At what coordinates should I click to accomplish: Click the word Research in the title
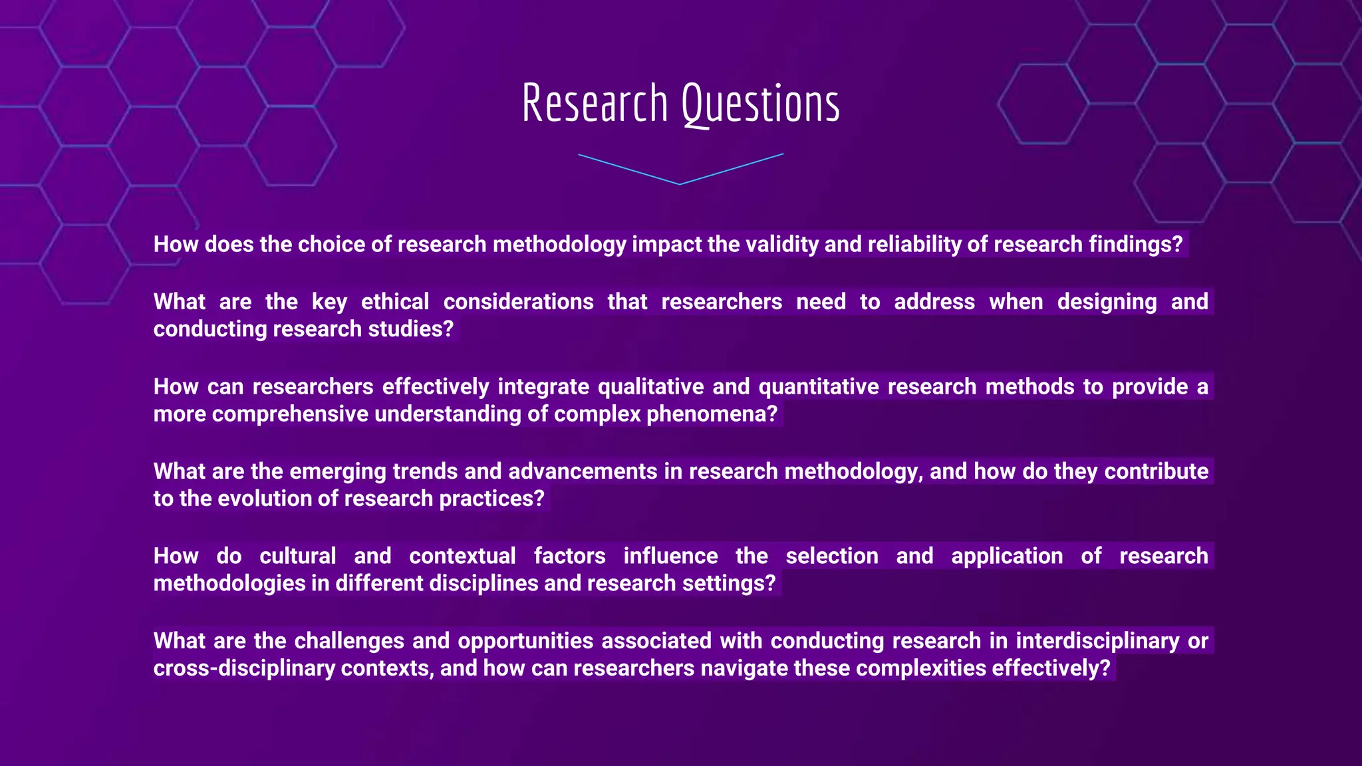pyautogui.click(x=595, y=104)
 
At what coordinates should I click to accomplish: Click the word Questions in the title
pyautogui.click(x=760, y=105)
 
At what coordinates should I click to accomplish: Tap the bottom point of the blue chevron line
pyautogui.click(x=680, y=184)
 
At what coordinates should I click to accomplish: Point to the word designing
pyautogui.click(x=1107, y=302)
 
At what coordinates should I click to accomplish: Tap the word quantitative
pyautogui.click(x=819, y=387)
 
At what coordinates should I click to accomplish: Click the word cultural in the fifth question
pyautogui.click(x=297, y=556)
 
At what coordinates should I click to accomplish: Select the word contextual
pyautogui.click(x=462, y=556)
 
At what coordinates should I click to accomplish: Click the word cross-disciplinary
pyautogui.click(x=244, y=668)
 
